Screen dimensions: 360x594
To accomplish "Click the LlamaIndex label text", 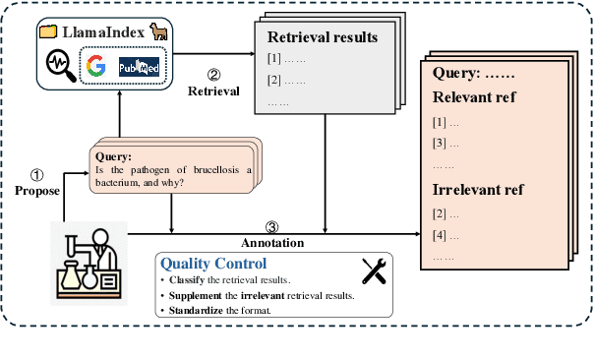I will [x=103, y=32].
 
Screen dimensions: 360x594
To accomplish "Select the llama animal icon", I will [x=156, y=31].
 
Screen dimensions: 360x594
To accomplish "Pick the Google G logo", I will [x=95, y=67].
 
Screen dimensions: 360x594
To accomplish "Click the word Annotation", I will [x=272, y=242].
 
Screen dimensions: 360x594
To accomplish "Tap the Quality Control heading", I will [x=212, y=264].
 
